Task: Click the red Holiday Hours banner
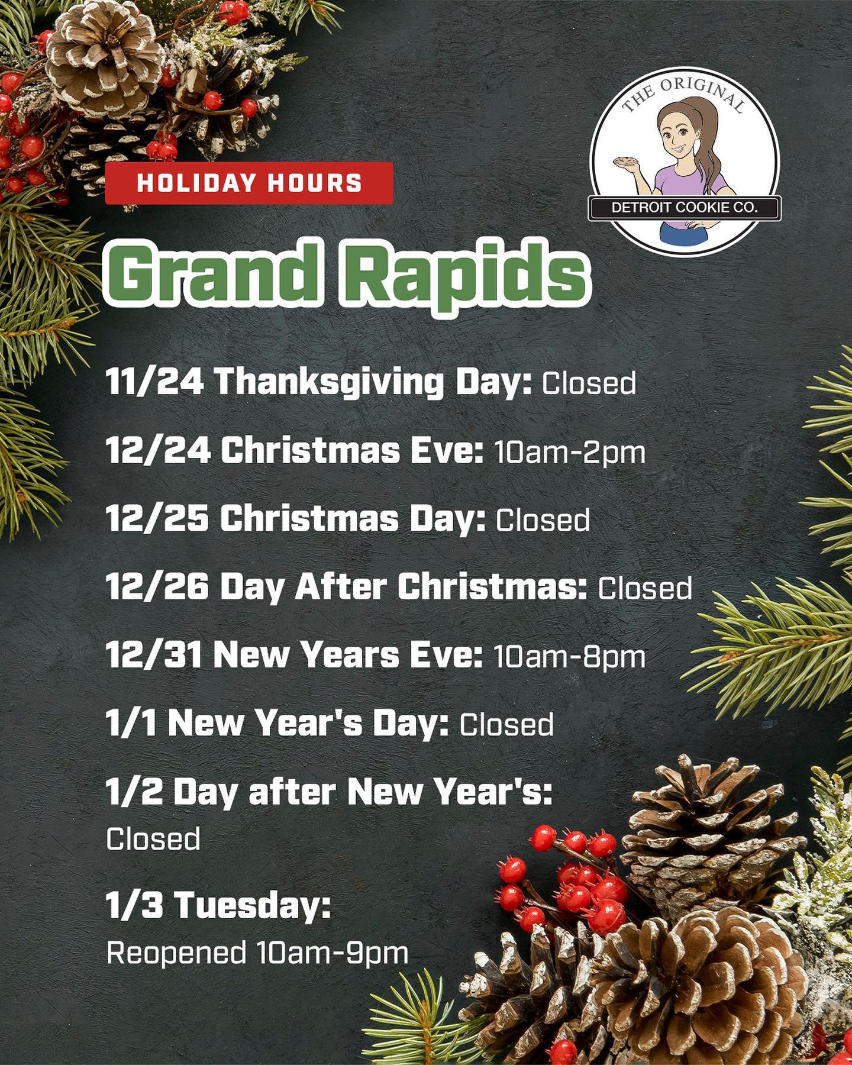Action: [x=249, y=183]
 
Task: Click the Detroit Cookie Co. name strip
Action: [x=685, y=208]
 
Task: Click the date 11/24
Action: [x=156, y=382]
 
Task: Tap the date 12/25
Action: [x=157, y=519]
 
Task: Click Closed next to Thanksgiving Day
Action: [x=589, y=383]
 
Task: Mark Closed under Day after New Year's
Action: [x=153, y=839]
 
